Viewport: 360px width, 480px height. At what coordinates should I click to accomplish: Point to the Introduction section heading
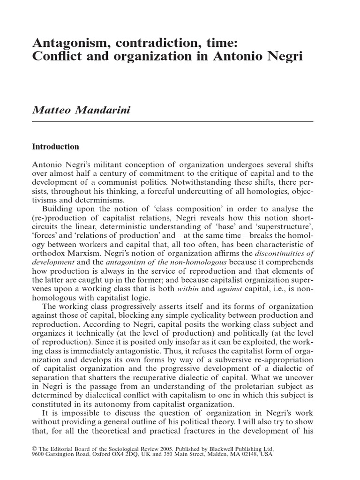pyautogui.click(x=55, y=147)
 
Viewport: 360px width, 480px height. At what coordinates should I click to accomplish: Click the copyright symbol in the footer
pyautogui.click(x=34, y=447)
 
